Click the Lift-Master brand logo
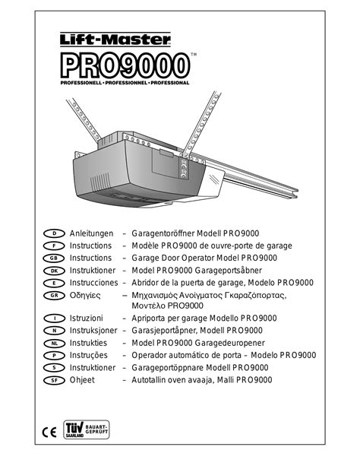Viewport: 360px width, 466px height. pyautogui.click(x=115, y=38)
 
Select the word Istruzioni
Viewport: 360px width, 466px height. pyautogui.click(x=89, y=318)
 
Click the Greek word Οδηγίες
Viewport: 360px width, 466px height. pyautogui.click(x=87, y=295)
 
